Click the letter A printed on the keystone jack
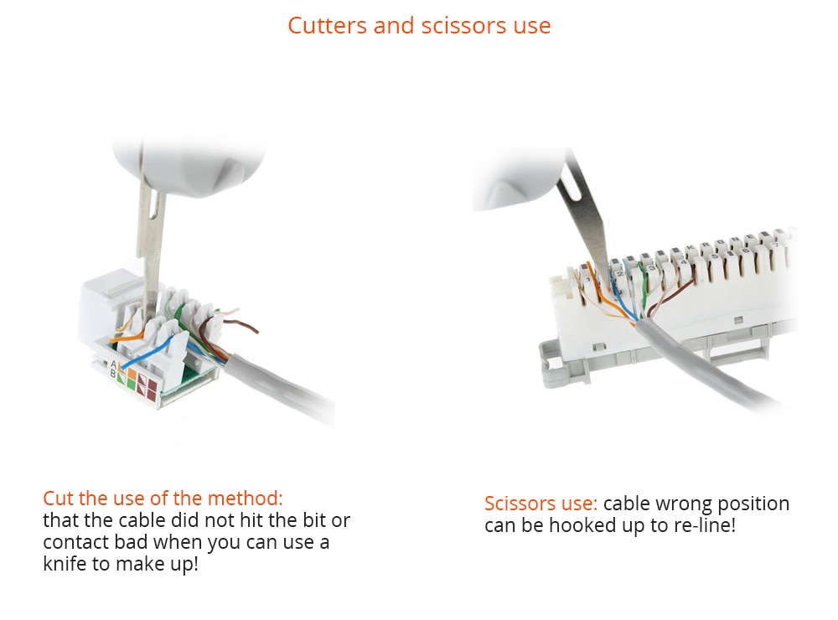pyautogui.click(x=113, y=364)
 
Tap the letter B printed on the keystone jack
pyautogui.click(x=113, y=373)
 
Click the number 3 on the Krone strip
pyautogui.click(x=651, y=267)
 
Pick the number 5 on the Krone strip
pyautogui.click(x=715, y=256)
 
